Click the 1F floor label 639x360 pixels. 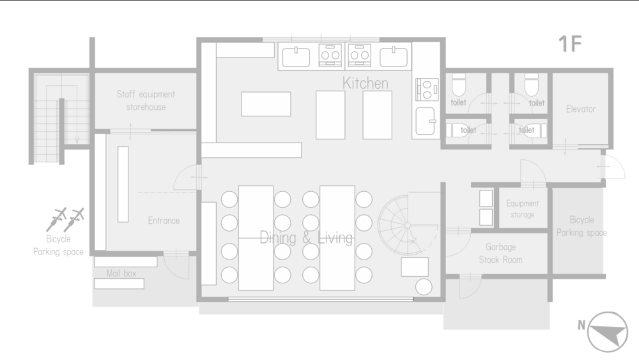(x=570, y=44)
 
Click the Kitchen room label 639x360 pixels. (x=365, y=83)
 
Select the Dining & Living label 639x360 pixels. (x=306, y=237)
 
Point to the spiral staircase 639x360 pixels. (x=408, y=225)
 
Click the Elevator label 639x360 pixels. (x=581, y=109)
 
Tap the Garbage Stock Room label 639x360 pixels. (x=500, y=253)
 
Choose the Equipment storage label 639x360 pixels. (x=523, y=208)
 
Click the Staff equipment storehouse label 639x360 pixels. (x=146, y=100)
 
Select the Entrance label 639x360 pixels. (x=164, y=221)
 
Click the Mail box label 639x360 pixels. (x=121, y=273)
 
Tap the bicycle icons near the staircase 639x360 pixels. (x=65, y=219)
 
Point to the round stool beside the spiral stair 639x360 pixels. (x=424, y=287)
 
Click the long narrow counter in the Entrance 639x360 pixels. (x=123, y=184)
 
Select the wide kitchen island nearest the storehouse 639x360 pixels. (x=266, y=104)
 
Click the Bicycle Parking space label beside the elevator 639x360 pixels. (x=581, y=226)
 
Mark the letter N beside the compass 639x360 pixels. (x=581, y=325)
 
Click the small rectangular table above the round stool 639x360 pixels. (x=415, y=267)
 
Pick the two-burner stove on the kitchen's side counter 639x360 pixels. (x=427, y=90)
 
